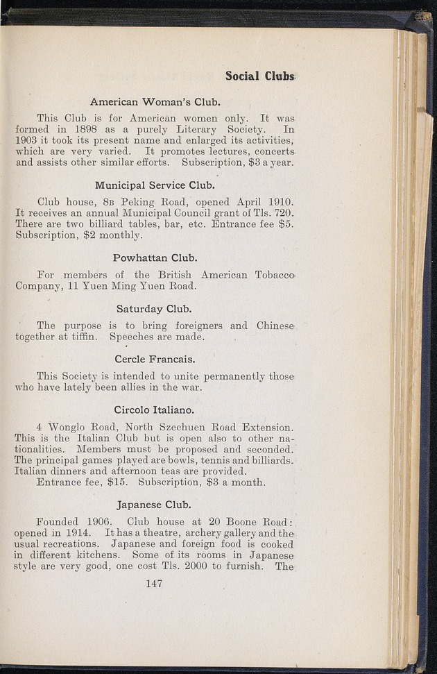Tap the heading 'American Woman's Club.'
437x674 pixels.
click(155, 102)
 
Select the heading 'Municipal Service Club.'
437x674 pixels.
click(155, 185)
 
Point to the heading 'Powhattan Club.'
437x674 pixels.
click(155, 258)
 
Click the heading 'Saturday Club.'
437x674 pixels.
click(154, 308)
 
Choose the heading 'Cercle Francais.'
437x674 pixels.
click(155, 359)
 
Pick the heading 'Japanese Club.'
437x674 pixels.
click(155, 505)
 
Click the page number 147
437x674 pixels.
click(154, 584)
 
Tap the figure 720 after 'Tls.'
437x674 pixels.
click(284, 213)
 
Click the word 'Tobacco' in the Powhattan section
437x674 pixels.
click(274, 275)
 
